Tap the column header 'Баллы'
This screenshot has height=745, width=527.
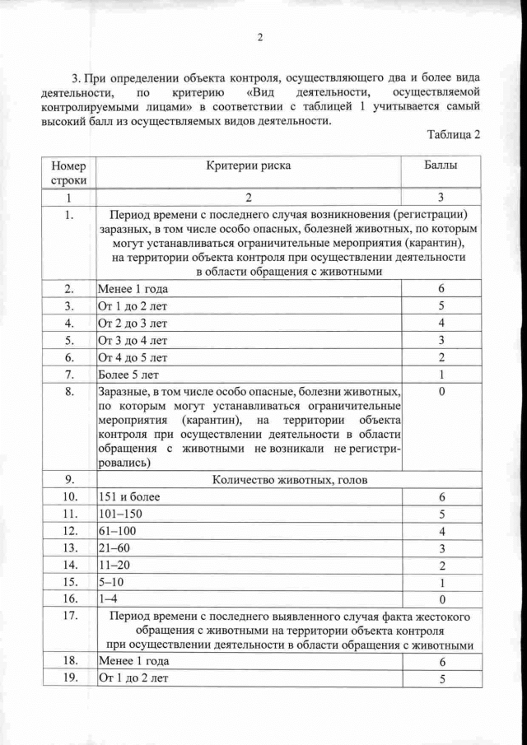pyautogui.click(x=441, y=165)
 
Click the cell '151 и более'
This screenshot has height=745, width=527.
pyautogui.click(x=129, y=497)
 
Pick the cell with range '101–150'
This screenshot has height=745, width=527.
pyautogui.click(x=119, y=514)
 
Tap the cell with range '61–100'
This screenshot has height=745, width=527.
pyautogui.click(x=116, y=531)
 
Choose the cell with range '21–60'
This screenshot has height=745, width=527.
pyautogui.click(x=114, y=547)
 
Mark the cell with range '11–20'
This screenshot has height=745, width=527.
pyautogui.click(x=114, y=565)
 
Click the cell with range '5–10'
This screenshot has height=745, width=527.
pyautogui.click(x=111, y=582)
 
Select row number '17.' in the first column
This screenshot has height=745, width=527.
pyautogui.click(x=68, y=616)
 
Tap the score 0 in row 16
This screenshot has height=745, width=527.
pyautogui.click(x=441, y=599)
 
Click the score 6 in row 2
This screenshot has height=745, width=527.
pyautogui.click(x=441, y=289)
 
